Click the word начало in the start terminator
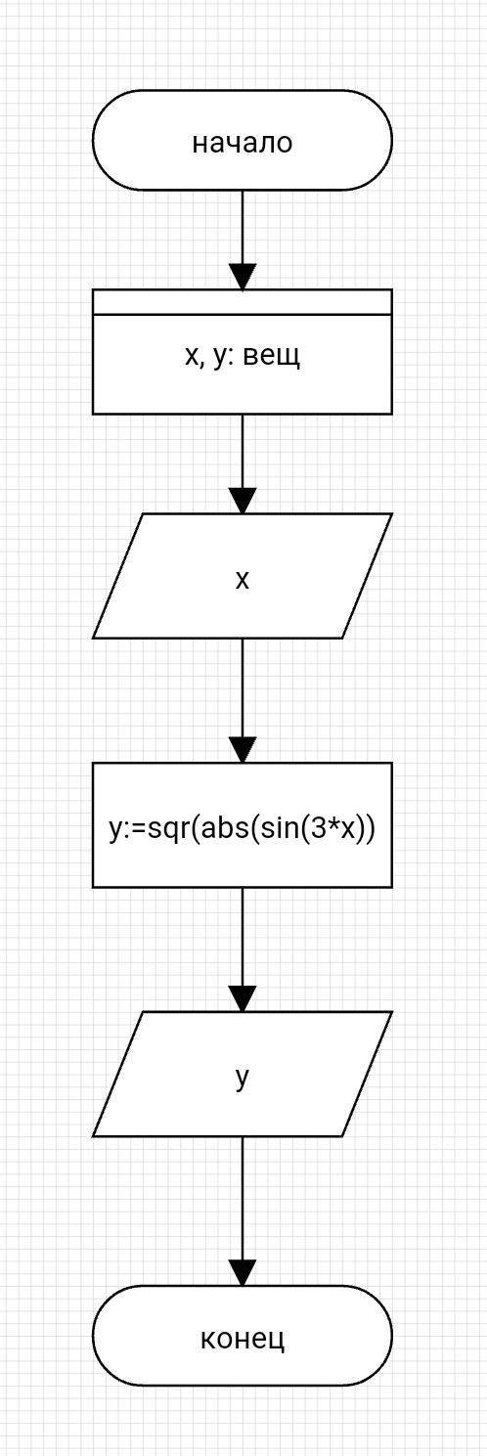click(x=242, y=143)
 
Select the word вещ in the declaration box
click(x=272, y=357)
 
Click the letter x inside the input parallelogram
click(x=242, y=579)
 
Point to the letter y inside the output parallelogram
click(x=242, y=1079)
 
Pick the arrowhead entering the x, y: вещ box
click(x=243, y=277)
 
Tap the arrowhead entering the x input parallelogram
click(x=243, y=502)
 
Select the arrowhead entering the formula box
click(x=243, y=751)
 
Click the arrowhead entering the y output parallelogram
click(x=243, y=999)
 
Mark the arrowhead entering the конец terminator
click(x=243, y=1273)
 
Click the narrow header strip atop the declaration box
click(x=242, y=302)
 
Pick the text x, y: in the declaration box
click(x=209, y=358)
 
